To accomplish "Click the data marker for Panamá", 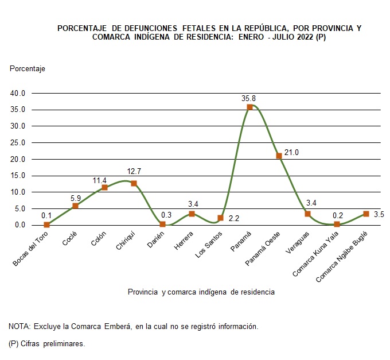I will [x=249, y=107].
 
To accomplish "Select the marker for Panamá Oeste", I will [x=279, y=156].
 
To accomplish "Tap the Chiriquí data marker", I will [x=134, y=183].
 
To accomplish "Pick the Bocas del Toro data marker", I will [x=46, y=224].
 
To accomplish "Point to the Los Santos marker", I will [x=220, y=218].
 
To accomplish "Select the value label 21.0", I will [x=292, y=152].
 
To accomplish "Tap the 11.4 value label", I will [x=100, y=180].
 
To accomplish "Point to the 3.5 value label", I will [x=379, y=214].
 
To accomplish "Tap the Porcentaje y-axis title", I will [x=28, y=68].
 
